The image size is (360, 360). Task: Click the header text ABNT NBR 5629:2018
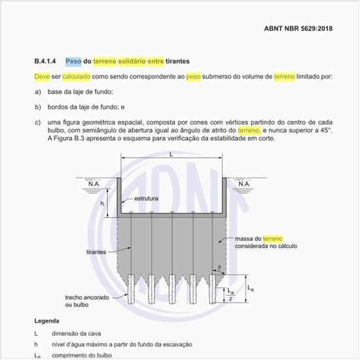(x=298, y=29)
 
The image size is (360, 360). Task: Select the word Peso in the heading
(x=73, y=61)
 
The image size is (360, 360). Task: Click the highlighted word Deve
(x=42, y=77)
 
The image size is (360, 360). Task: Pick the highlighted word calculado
(x=77, y=77)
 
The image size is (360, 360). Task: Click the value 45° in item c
(x=324, y=130)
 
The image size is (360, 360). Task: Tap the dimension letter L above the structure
(x=171, y=154)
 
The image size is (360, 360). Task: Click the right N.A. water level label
(x=244, y=184)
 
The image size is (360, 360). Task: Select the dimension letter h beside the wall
(x=102, y=204)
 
